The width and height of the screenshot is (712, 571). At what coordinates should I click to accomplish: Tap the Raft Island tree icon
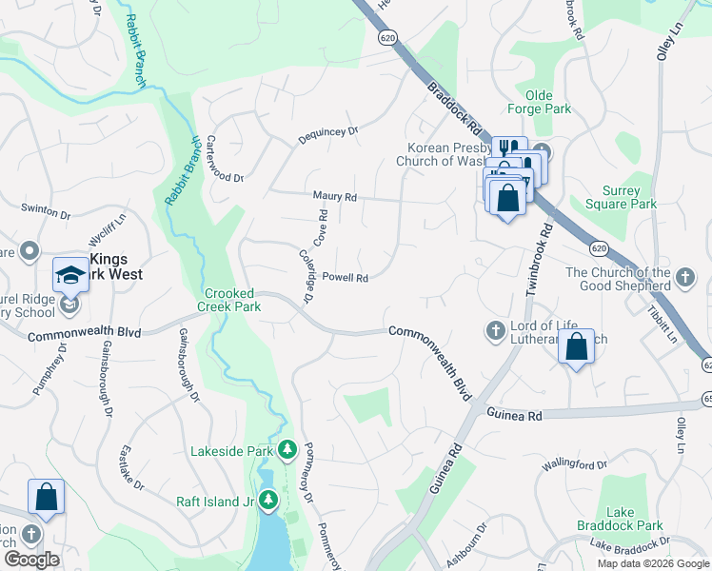(269, 500)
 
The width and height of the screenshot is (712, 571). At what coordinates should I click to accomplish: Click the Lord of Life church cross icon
(495, 330)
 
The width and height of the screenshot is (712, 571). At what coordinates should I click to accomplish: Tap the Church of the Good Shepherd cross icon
(684, 279)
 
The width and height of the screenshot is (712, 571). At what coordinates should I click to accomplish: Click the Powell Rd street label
(345, 278)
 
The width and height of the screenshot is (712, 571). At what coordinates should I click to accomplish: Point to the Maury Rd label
(335, 197)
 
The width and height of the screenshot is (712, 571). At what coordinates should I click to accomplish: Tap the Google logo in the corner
(31, 560)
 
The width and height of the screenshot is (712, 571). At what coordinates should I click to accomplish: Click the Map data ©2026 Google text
(653, 563)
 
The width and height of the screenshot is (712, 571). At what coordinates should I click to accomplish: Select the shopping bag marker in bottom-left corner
(46, 496)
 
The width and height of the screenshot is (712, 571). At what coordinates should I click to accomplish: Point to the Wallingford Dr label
(574, 464)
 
